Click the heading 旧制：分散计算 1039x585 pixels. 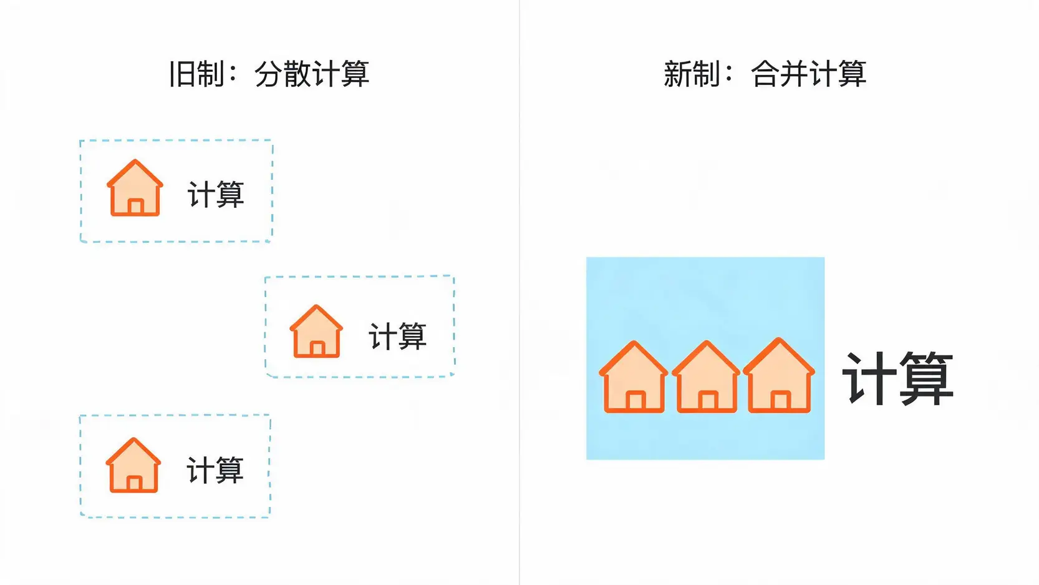click(x=269, y=74)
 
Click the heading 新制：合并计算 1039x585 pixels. click(x=765, y=74)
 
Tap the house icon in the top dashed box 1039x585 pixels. click(x=135, y=188)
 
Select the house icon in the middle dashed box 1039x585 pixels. click(x=316, y=332)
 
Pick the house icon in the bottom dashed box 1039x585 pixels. click(x=133, y=465)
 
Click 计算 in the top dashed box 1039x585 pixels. click(x=216, y=194)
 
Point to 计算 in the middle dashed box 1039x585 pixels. click(x=397, y=336)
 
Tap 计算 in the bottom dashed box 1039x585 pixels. click(x=215, y=470)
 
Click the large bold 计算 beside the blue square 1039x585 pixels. click(x=897, y=378)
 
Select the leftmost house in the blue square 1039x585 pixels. click(x=634, y=377)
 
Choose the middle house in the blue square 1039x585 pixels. click(x=706, y=377)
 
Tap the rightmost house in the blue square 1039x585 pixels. click(x=779, y=376)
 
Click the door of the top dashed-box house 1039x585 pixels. click(x=135, y=207)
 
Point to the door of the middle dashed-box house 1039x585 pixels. click(x=317, y=348)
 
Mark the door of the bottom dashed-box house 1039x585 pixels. click(x=134, y=484)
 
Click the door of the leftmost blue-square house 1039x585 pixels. click(x=635, y=401)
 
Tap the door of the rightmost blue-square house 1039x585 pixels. click(x=780, y=401)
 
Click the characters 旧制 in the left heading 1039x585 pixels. click(x=197, y=74)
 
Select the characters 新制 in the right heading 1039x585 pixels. click(x=692, y=74)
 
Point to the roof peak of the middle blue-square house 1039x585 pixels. click(x=707, y=342)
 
